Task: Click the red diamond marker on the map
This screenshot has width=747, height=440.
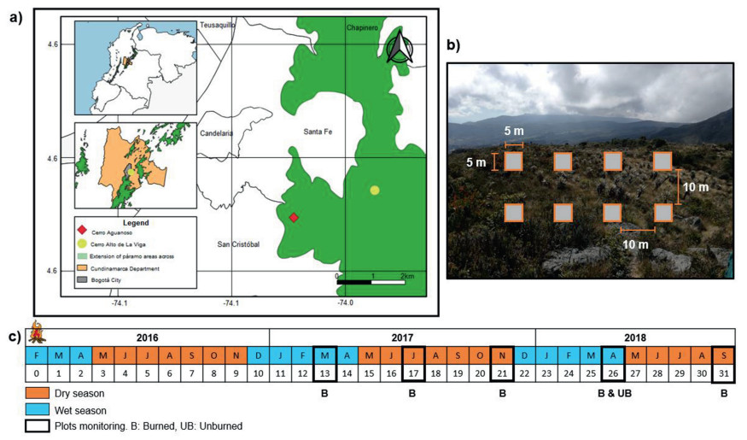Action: click(x=294, y=218)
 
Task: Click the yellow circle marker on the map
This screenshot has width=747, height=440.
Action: click(x=375, y=190)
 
